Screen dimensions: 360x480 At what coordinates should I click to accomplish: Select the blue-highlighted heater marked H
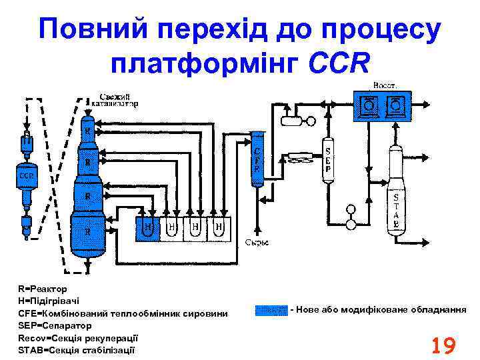[148, 228]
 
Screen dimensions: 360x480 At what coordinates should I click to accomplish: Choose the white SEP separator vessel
[328, 158]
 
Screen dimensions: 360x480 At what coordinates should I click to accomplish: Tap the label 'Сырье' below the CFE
[257, 242]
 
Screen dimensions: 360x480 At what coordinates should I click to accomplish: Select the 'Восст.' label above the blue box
[385, 86]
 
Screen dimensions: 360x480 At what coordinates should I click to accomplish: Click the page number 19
[443, 346]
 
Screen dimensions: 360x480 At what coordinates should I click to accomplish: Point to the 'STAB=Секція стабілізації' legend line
[76, 349]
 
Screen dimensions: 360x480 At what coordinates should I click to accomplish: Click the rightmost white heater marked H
[219, 228]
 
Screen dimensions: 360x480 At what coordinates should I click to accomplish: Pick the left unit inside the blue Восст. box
[369, 105]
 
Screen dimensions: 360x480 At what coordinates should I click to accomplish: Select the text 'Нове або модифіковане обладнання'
[380, 310]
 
